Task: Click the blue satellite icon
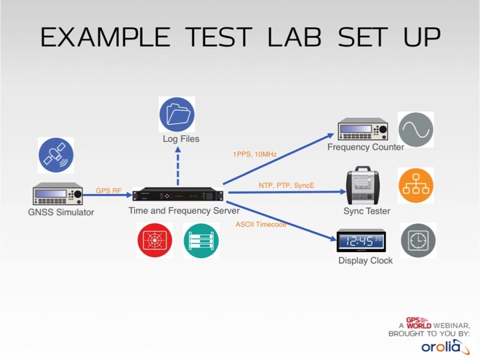click(56, 155)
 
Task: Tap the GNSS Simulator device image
click(58, 194)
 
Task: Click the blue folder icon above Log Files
click(177, 114)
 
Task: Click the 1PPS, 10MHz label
click(255, 154)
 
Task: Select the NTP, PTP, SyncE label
click(286, 185)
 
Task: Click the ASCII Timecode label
click(261, 225)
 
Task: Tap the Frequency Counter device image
click(363, 129)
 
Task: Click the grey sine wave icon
click(416, 129)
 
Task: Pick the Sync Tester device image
click(363, 186)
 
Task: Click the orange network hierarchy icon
click(416, 186)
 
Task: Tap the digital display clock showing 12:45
click(361, 241)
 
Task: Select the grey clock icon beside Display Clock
click(418, 241)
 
